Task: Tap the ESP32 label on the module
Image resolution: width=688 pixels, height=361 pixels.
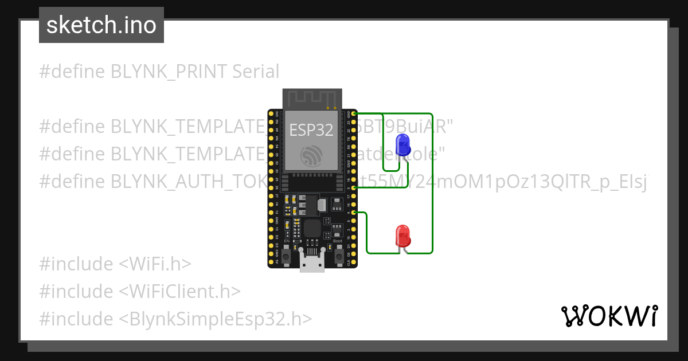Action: point(311,130)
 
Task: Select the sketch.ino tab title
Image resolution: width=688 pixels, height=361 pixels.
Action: point(101,25)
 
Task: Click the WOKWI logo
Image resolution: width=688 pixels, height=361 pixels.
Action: point(608,316)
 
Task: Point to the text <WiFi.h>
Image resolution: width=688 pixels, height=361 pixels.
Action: point(155,264)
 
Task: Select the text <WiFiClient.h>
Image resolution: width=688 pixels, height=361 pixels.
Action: point(179,291)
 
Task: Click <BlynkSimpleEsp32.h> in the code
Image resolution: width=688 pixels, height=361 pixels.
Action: point(216,319)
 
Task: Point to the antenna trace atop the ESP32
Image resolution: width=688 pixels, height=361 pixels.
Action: point(312,99)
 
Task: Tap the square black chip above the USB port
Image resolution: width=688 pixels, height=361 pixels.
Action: point(312,228)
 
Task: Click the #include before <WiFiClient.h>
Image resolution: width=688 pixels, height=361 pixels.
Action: point(76,291)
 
